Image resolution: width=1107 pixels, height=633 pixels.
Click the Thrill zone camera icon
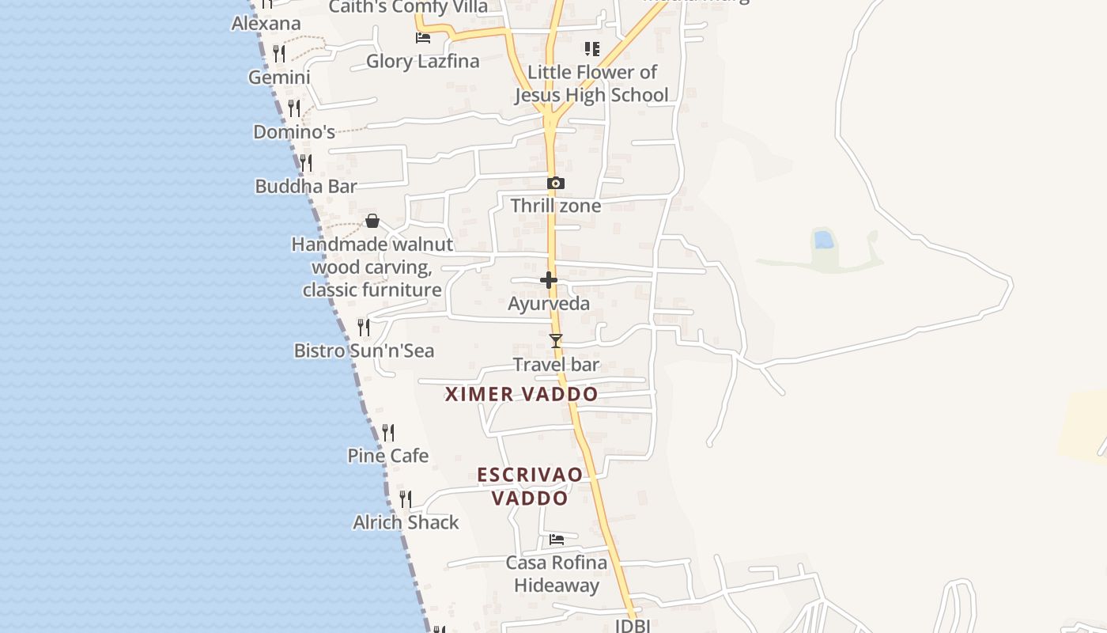556,184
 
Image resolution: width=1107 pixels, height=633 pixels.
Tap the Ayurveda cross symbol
549,280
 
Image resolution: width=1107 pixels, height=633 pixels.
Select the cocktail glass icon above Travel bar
556,341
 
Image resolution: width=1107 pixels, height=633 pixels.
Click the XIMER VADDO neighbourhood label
521,394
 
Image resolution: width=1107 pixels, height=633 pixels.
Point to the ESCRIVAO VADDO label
530,486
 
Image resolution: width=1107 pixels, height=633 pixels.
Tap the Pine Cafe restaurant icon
388,433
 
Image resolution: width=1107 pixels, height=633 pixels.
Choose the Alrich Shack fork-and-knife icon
406,499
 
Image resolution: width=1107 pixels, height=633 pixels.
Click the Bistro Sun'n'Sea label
364,351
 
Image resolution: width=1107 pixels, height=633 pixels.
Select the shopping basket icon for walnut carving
372,221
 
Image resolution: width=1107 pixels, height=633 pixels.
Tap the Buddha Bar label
306,187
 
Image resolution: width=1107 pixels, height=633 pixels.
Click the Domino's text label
294,132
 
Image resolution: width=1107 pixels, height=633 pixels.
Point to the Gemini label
279,78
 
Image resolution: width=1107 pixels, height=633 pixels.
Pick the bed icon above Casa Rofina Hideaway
557,540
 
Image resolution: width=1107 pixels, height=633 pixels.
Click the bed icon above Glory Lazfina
423,38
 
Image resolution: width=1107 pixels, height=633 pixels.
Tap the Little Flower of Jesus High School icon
591,49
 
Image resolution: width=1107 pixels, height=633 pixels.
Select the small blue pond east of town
823,239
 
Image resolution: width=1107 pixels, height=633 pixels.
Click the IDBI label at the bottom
633,626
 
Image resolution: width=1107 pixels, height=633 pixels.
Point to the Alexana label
266,24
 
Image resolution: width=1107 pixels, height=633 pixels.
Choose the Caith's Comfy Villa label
408,7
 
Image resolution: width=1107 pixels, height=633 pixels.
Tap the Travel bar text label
556,365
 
